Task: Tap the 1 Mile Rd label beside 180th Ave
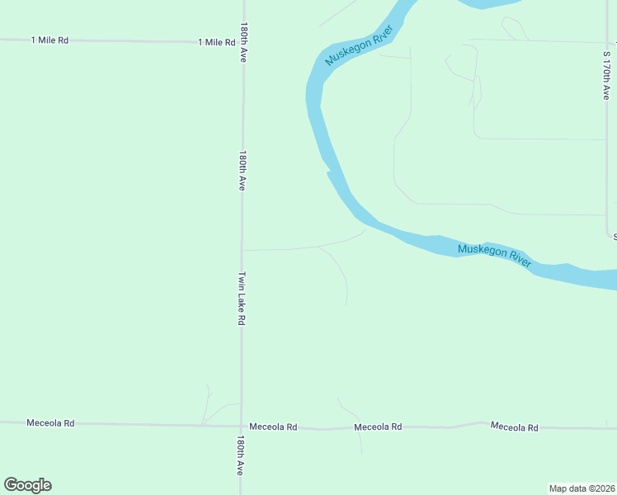click(x=217, y=42)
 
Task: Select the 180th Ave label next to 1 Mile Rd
click(x=244, y=43)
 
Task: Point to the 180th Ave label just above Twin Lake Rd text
click(x=243, y=171)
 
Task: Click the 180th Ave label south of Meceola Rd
click(x=241, y=455)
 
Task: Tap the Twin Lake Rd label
click(x=242, y=298)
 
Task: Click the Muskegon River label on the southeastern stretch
click(x=495, y=255)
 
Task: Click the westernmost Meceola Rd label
click(x=50, y=423)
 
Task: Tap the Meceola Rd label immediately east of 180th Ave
click(x=274, y=427)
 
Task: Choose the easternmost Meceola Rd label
click(x=514, y=427)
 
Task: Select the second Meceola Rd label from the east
click(x=378, y=427)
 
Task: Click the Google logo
click(x=27, y=485)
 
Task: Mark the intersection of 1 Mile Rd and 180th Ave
click(x=243, y=41)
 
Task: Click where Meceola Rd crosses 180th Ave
click(x=241, y=427)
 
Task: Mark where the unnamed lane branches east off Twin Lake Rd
click(x=242, y=249)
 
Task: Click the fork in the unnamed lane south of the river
click(x=318, y=247)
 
